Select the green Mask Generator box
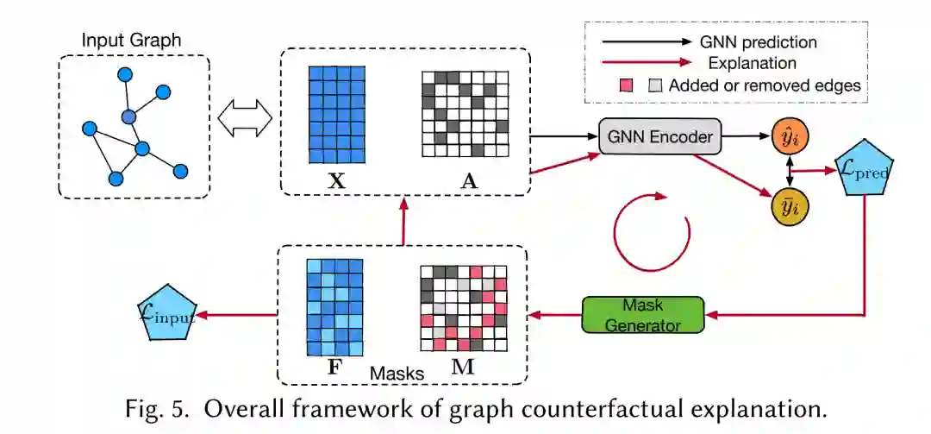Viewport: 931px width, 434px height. (x=642, y=315)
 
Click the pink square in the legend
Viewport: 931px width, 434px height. (x=627, y=85)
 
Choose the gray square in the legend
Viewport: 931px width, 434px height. (x=656, y=85)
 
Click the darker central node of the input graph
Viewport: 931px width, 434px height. (x=128, y=116)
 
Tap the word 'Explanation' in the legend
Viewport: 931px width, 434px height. (x=753, y=63)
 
